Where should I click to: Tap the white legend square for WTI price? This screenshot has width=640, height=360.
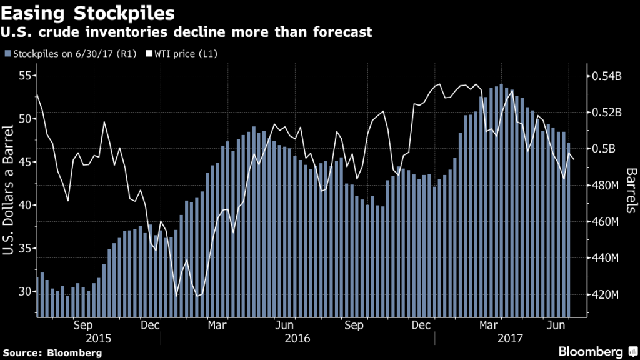click(141, 54)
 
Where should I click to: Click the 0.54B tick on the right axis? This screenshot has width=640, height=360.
click(604, 76)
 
